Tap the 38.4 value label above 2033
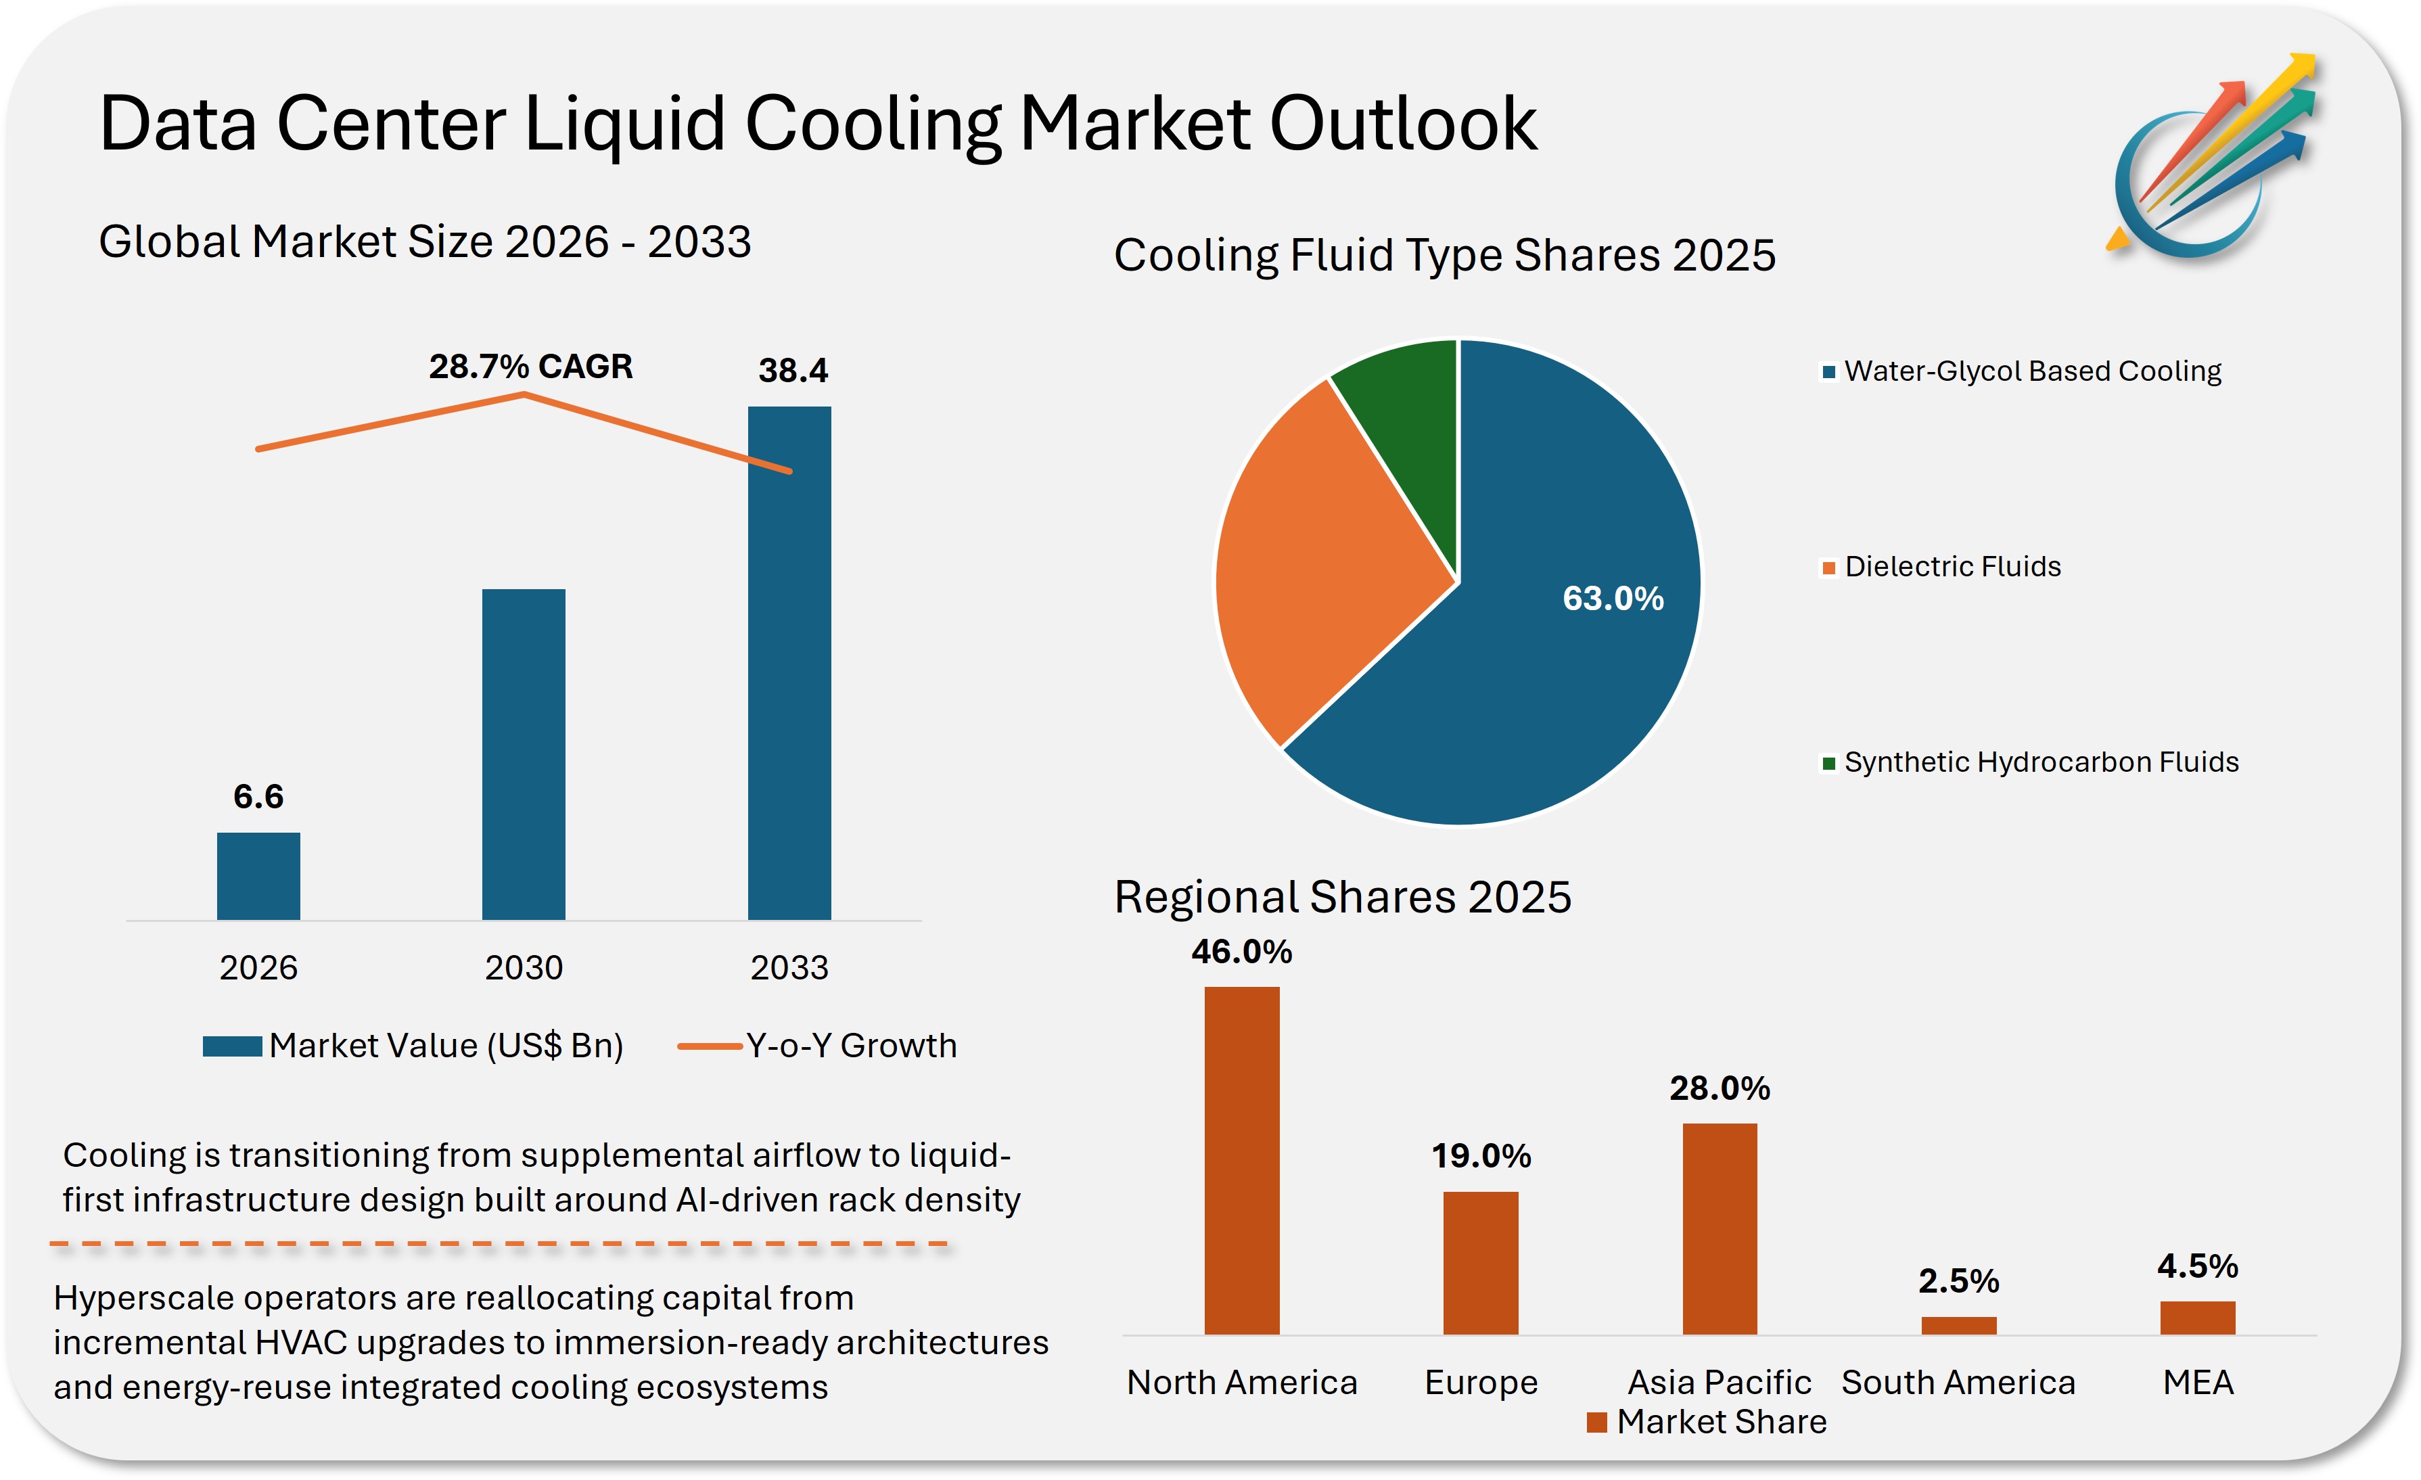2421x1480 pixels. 793,371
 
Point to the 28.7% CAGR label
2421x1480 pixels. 530,367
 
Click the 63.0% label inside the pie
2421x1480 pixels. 1613,599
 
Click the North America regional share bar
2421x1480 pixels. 1242,1159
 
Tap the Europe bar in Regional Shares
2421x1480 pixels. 1481,1263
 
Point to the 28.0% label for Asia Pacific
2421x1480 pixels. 1720,1088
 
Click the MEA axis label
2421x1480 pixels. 2198,1383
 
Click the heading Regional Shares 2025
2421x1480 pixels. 1342,897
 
